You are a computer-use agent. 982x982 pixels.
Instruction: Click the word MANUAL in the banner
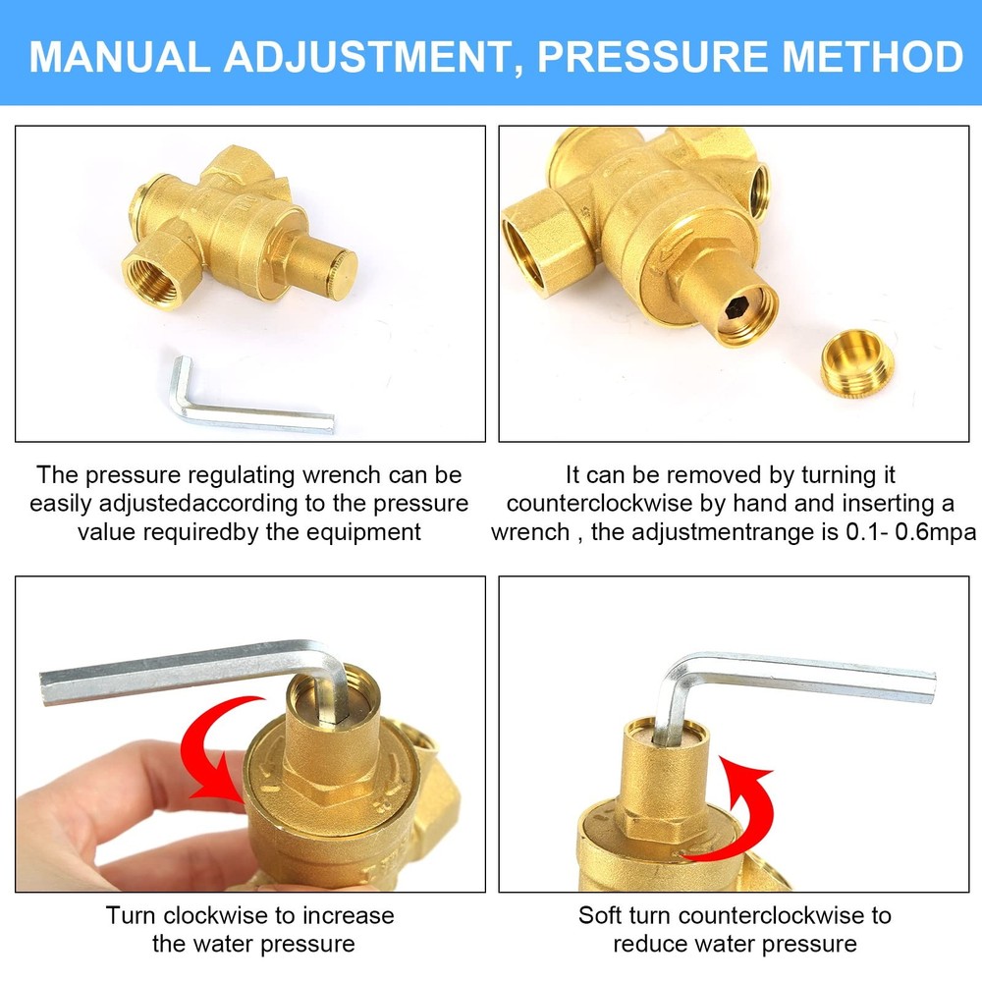click(119, 57)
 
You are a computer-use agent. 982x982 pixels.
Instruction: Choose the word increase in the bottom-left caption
click(347, 916)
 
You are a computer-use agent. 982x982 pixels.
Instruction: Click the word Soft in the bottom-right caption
click(600, 916)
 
